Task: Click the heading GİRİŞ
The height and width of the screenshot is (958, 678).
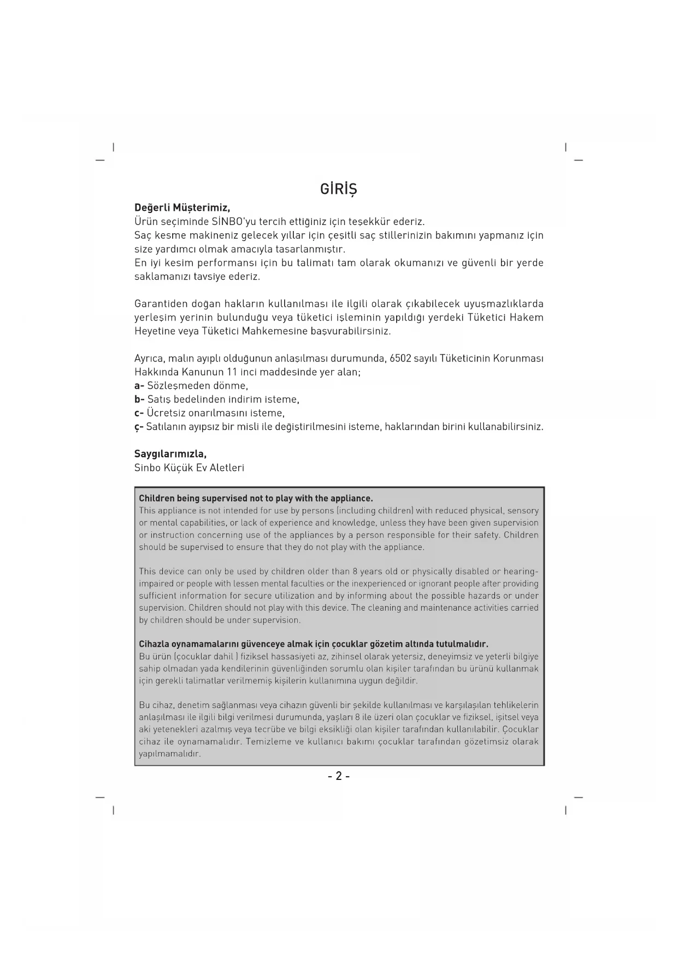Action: [338, 189]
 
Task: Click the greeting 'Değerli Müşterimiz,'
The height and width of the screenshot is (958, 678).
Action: [182, 208]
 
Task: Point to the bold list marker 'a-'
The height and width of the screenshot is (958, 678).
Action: [139, 386]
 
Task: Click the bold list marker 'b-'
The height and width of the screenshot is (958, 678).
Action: [139, 399]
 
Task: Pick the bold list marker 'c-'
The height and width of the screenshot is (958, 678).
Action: [139, 413]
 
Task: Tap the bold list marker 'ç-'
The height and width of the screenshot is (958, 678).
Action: [139, 427]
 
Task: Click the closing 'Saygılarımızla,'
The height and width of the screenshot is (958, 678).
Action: [170, 454]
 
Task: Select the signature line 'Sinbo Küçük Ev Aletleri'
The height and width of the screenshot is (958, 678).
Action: [189, 468]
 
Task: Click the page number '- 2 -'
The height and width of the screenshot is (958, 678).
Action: [339, 776]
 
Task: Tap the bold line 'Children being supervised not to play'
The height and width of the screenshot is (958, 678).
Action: [256, 498]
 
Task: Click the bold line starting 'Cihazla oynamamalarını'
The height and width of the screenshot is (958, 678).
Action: [313, 644]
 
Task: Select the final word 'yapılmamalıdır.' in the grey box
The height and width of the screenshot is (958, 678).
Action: [170, 754]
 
